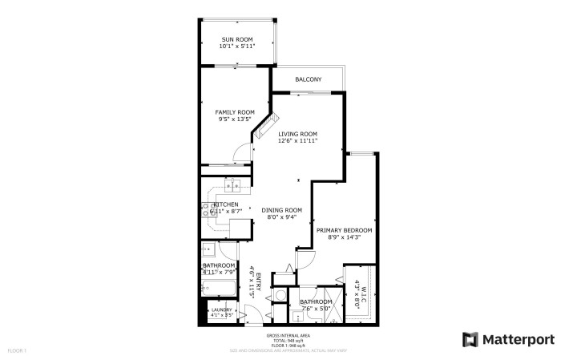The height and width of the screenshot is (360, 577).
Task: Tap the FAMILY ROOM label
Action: pyautogui.click(x=235, y=111)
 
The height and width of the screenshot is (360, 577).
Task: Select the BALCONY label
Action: pyautogui.click(x=308, y=79)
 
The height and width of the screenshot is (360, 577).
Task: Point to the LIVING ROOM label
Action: pyautogui.click(x=297, y=133)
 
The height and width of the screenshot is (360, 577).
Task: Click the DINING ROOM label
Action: pyautogui.click(x=281, y=210)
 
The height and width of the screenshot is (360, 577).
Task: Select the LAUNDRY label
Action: pyautogui.click(x=222, y=309)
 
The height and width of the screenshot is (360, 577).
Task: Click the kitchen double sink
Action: pyautogui.click(x=234, y=188)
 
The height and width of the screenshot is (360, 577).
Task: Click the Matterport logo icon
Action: pyautogui.click(x=470, y=339)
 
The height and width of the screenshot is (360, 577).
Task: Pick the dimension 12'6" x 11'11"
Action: pyautogui.click(x=297, y=140)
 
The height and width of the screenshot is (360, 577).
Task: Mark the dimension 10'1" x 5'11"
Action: pyautogui.click(x=237, y=46)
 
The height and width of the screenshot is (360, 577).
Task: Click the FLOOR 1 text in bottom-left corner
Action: pyautogui.click(x=18, y=350)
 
